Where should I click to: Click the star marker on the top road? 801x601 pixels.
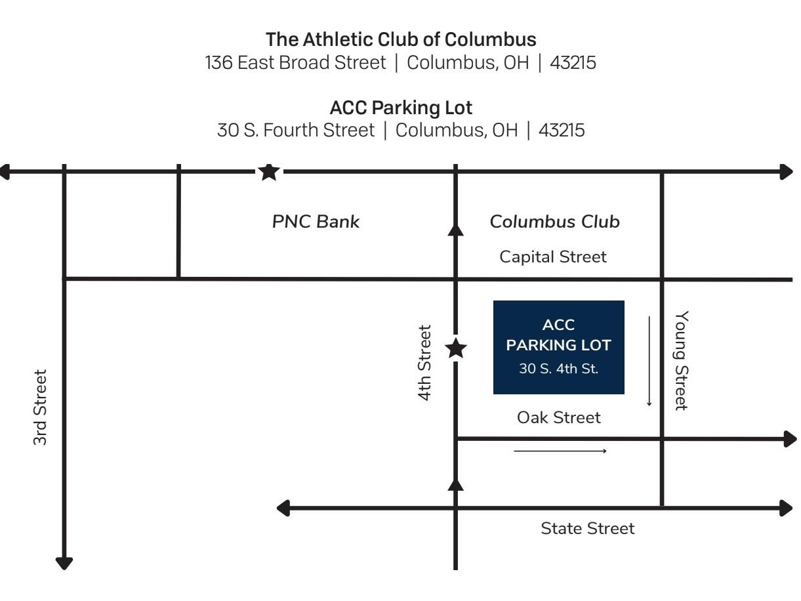269,172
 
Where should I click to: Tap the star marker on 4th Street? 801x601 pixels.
456,348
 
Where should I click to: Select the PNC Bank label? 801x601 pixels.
316,222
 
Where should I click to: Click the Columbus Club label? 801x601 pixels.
555,222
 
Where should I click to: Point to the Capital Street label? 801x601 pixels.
553,257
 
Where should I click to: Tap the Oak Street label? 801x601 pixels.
559,417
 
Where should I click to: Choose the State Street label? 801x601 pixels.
588,528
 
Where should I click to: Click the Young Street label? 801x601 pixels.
682,360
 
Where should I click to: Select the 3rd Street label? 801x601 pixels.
40,407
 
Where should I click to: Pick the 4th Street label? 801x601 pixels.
424,363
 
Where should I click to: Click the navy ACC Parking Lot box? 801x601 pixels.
559,347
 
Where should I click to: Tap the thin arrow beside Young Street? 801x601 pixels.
649,362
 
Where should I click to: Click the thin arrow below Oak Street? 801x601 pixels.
560,451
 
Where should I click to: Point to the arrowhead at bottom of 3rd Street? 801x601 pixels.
64,563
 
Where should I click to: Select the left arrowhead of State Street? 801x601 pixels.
283,508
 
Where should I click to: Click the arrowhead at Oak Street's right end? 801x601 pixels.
790,439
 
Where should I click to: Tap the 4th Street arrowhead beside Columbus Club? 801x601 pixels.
456,230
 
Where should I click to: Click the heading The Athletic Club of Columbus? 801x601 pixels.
401,39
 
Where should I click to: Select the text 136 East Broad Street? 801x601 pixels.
295,62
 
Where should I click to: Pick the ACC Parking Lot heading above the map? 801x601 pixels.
401,108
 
